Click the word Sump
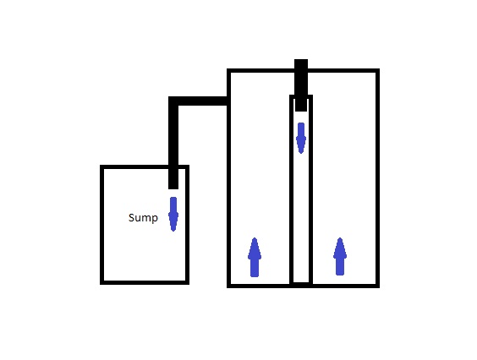[x=143, y=218]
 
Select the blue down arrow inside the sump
[x=173, y=214]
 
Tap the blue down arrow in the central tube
[x=301, y=138]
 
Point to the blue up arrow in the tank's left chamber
[x=255, y=257]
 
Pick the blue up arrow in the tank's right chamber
[x=340, y=257]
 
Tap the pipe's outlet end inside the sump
[x=173, y=188]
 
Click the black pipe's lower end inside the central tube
[x=301, y=111]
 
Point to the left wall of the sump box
[x=101, y=225]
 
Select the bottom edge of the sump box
[x=145, y=283]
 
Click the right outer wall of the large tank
[x=378, y=178]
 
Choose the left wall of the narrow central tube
[x=291, y=190]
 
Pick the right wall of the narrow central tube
[x=311, y=190]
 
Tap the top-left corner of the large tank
[x=228, y=70]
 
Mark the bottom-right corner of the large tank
[x=378, y=286]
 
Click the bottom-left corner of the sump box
[x=101, y=283]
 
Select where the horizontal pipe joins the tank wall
[x=227, y=101]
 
